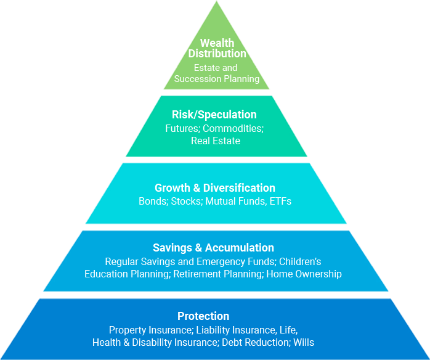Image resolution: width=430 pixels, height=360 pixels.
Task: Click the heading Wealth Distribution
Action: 217,48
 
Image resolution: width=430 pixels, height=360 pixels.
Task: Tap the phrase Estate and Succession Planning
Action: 217,73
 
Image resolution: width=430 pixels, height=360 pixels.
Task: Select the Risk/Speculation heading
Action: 214,115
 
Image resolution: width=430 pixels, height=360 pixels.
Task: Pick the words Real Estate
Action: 215,141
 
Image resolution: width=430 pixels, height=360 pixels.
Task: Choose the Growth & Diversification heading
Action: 215,188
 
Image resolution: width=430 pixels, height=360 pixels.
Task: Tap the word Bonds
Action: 152,201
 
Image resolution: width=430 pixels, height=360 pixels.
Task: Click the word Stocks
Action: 185,201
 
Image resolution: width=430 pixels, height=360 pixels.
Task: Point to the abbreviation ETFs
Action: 280,201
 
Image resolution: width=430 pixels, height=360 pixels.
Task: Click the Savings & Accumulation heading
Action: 213,248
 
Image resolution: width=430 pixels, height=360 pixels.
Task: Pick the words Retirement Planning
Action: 217,274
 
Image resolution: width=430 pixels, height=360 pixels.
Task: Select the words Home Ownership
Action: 304,274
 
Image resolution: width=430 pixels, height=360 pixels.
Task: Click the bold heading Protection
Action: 203,316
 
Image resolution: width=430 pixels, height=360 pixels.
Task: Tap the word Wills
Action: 304,342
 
